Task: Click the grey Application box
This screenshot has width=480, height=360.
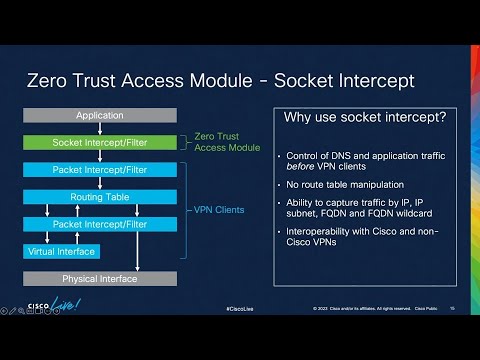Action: click(x=100, y=115)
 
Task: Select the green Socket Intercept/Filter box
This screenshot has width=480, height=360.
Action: click(x=100, y=142)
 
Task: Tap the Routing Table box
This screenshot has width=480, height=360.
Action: click(x=100, y=197)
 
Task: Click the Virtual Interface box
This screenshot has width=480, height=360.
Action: click(x=61, y=251)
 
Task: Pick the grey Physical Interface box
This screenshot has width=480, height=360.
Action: click(x=100, y=278)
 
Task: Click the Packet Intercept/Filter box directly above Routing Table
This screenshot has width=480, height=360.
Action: click(x=100, y=170)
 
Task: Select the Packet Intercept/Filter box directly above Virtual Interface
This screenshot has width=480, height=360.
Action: click(x=100, y=224)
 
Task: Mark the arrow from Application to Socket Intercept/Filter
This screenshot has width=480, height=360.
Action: click(x=100, y=128)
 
